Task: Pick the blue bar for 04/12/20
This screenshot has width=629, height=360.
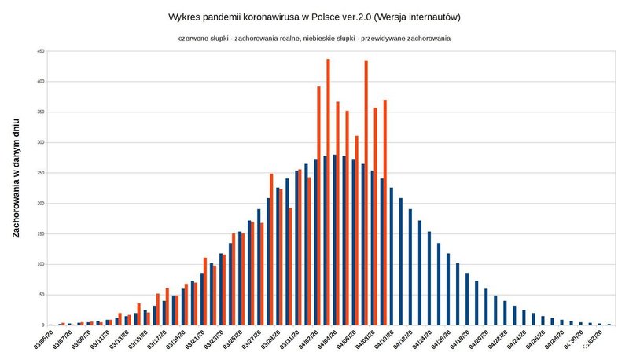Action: (410, 267)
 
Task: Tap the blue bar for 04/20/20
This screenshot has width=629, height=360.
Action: (486, 307)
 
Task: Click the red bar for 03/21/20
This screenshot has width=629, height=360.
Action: (205, 292)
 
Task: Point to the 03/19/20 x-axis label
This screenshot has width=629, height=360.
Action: (178, 339)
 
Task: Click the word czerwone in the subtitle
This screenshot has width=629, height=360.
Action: (196, 38)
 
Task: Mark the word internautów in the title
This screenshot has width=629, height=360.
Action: (434, 17)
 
